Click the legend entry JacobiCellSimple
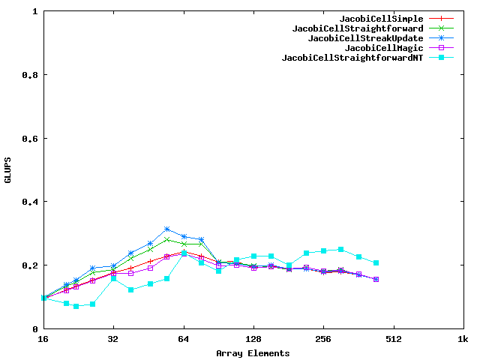(381, 19)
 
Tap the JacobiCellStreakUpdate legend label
(365, 38)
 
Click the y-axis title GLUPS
(8, 170)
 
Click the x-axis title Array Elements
(253, 352)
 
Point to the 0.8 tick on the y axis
(31, 75)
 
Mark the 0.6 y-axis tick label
(31, 139)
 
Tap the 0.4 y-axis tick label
(31, 202)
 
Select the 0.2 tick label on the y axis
(31, 265)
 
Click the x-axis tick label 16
(43, 339)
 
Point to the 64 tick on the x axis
(184, 339)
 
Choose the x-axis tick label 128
(253, 339)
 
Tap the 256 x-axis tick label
(323, 339)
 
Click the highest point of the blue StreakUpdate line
(167, 229)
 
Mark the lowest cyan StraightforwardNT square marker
(76, 306)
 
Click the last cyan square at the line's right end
(376, 262)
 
